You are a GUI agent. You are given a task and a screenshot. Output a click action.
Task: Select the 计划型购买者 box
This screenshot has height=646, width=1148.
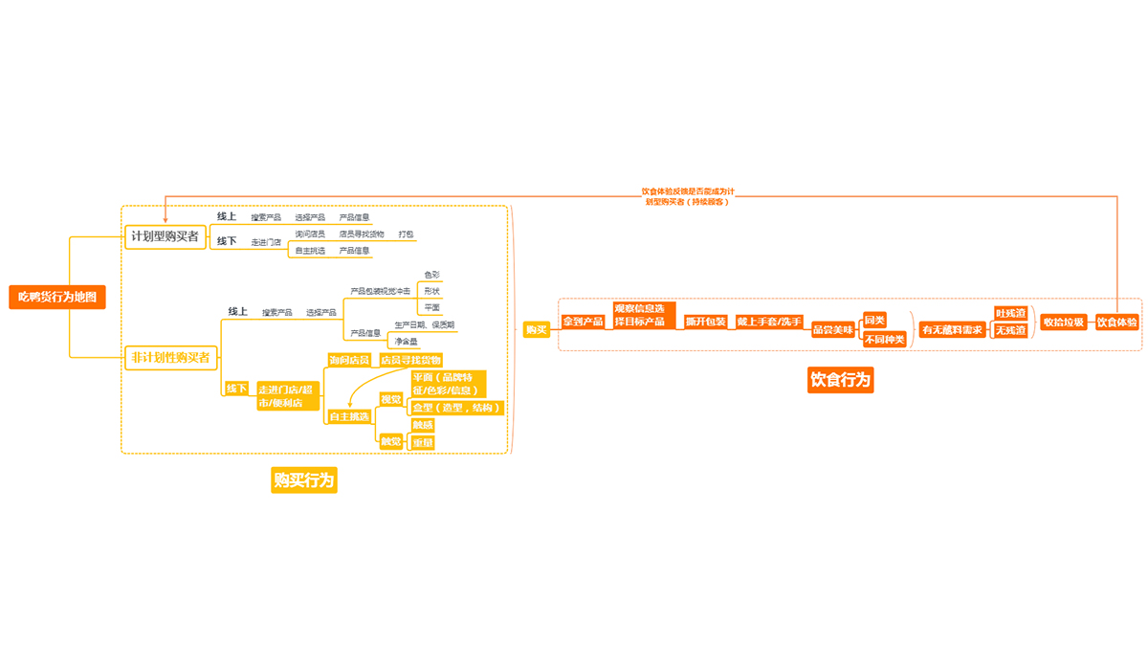click(x=166, y=236)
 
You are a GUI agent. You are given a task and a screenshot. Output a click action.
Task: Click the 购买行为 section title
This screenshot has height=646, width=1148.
click(x=304, y=480)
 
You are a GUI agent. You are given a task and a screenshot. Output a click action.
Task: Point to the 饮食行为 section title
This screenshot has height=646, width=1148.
click(x=841, y=380)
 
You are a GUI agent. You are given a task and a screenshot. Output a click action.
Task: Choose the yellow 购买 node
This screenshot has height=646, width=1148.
click(x=537, y=330)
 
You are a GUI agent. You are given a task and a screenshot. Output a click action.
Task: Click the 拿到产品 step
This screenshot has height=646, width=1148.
click(x=584, y=322)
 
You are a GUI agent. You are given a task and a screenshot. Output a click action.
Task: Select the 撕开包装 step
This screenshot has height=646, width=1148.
click(x=706, y=322)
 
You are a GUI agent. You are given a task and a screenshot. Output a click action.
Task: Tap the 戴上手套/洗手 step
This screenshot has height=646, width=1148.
click(x=769, y=322)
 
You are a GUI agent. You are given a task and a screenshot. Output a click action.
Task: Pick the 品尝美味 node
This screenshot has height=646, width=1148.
click(x=833, y=330)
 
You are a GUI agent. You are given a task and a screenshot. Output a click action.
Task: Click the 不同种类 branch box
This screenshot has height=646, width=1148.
click(x=884, y=339)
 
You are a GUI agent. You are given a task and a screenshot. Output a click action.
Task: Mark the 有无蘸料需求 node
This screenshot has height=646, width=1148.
click(x=952, y=330)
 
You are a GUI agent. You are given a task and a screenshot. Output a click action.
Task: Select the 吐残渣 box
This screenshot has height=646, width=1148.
click(x=1010, y=313)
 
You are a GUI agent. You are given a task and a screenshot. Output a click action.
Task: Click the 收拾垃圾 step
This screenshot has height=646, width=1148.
click(x=1064, y=323)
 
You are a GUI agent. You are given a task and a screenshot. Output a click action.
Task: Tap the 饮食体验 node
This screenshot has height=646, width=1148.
click(x=1117, y=323)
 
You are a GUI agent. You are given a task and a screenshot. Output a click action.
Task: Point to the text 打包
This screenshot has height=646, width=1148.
click(x=407, y=234)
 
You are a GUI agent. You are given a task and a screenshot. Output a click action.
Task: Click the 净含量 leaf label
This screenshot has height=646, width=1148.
click(x=407, y=341)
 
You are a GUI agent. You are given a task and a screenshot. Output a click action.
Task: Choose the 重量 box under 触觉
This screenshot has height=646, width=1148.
click(x=422, y=442)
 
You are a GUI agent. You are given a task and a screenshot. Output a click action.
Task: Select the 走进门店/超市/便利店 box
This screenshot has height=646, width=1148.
click(x=287, y=396)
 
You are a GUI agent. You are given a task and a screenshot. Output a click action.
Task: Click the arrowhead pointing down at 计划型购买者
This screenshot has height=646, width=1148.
click(x=166, y=221)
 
